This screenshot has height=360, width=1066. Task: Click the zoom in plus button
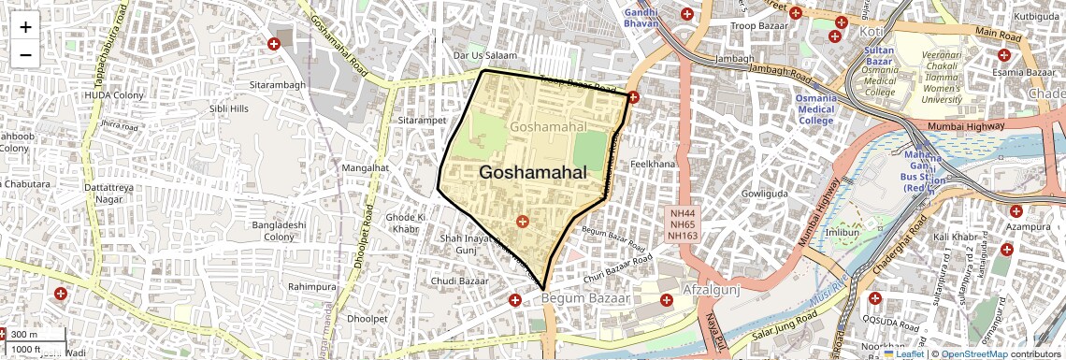click(25, 26)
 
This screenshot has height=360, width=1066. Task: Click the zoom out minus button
click(25, 54)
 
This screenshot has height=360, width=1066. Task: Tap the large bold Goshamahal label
click(533, 172)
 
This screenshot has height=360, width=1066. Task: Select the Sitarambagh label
click(278, 85)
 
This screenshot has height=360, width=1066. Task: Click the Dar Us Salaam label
click(484, 55)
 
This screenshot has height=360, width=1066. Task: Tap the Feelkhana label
click(653, 164)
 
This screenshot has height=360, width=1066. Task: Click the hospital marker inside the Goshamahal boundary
click(522, 222)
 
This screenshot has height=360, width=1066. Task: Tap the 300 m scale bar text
click(24, 334)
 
